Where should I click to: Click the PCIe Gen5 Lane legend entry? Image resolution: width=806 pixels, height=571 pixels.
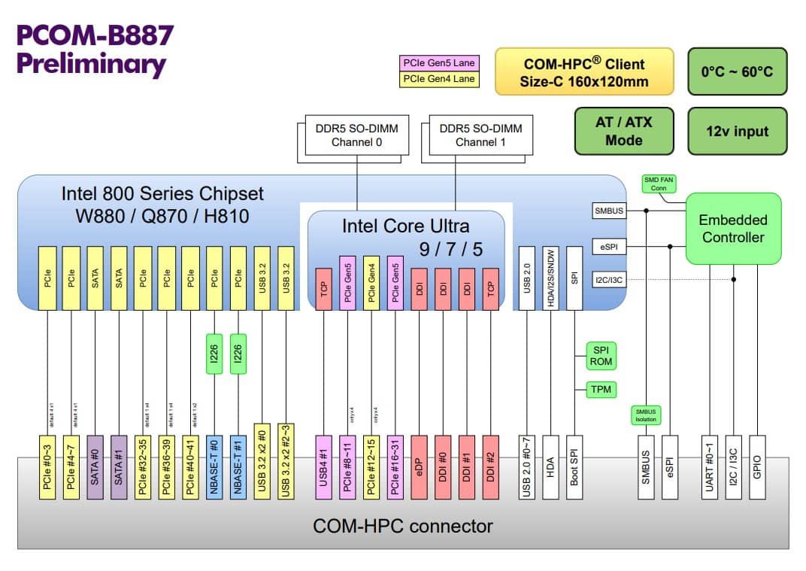pos(439,63)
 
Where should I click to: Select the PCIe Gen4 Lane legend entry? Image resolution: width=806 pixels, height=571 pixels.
pos(439,78)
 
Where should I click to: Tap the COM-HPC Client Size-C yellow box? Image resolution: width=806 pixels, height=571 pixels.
pos(583,72)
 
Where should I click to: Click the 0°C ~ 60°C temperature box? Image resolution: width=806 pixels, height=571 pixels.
pos(737,71)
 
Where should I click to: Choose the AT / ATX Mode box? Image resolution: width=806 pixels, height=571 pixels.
pos(623,131)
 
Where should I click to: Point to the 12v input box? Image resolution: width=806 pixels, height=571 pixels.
pos(737,131)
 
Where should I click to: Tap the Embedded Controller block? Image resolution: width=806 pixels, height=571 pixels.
pos(732,228)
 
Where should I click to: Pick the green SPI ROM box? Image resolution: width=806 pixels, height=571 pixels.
pos(601,355)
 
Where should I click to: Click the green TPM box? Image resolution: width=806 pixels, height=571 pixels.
pos(601,389)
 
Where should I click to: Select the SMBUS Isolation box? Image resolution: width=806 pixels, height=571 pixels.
pos(645,415)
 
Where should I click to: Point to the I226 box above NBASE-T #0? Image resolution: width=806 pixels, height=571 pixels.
pos(215,354)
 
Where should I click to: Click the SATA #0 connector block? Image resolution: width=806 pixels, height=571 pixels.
pos(95,466)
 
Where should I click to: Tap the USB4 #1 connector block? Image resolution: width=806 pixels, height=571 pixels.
pos(324,466)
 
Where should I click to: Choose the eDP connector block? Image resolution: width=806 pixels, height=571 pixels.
pos(420,466)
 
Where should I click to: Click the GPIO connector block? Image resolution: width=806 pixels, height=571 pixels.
pos(756,466)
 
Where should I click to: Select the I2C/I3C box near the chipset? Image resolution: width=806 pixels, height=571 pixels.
pos(609,279)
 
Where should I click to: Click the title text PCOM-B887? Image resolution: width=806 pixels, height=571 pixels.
pos(95,35)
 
